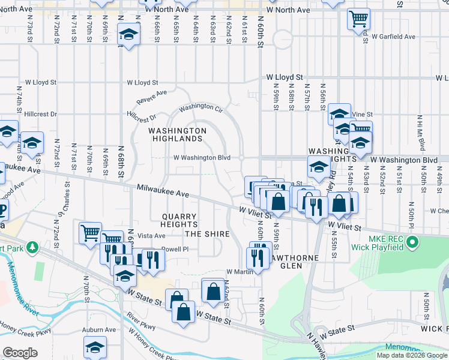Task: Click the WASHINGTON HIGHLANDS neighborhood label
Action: pyautogui.click(x=176, y=134)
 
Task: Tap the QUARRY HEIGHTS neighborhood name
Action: pyautogui.click(x=179, y=220)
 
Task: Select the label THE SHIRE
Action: pyautogui.click(x=207, y=233)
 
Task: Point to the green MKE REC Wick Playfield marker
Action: pyautogui.click(x=412, y=242)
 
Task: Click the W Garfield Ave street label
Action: pyautogui.click(x=393, y=37)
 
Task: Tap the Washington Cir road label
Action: pyautogui.click(x=201, y=107)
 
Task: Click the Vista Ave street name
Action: pyautogui.click(x=151, y=236)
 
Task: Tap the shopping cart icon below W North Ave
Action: pyautogui.click(x=358, y=19)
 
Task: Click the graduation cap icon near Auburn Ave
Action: pyautogui.click(x=94, y=348)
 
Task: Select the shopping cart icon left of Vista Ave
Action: pyautogui.click(x=90, y=232)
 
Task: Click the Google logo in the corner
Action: pyautogui.click(x=20, y=353)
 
